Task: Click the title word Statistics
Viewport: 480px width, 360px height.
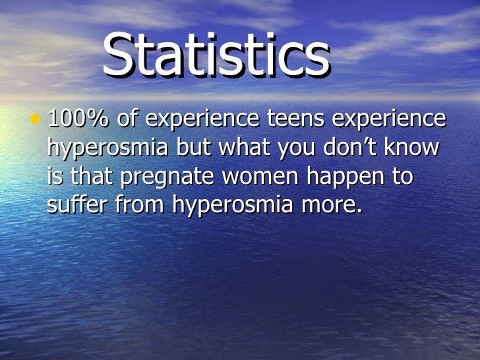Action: tap(216, 56)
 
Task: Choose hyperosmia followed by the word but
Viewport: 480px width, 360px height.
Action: tap(107, 149)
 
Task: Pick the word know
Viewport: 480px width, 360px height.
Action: tap(413, 148)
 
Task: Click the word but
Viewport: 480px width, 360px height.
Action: tap(191, 148)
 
